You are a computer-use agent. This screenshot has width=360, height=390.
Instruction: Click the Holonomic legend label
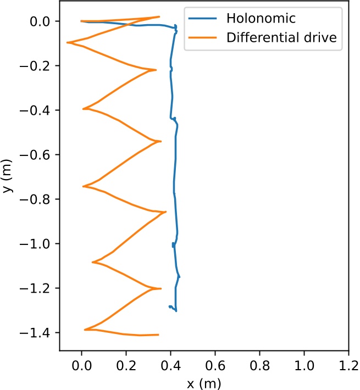tap(261, 19)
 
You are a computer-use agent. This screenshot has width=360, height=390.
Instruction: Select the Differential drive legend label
tap(281, 38)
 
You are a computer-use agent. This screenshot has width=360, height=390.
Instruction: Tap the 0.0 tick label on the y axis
tap(42, 21)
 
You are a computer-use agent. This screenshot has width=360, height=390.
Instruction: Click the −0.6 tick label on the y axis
tap(38, 155)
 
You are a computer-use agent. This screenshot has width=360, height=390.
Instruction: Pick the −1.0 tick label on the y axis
tap(38, 244)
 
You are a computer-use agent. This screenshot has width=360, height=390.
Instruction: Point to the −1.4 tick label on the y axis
tap(38, 333)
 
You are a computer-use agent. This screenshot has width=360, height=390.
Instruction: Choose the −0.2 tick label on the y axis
tap(38, 66)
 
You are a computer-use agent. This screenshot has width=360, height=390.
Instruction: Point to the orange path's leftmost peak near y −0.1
tap(67, 42)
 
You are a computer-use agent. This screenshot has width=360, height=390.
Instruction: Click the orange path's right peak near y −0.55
tap(160, 141)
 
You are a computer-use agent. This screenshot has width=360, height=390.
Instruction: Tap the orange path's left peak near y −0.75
tap(83, 186)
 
